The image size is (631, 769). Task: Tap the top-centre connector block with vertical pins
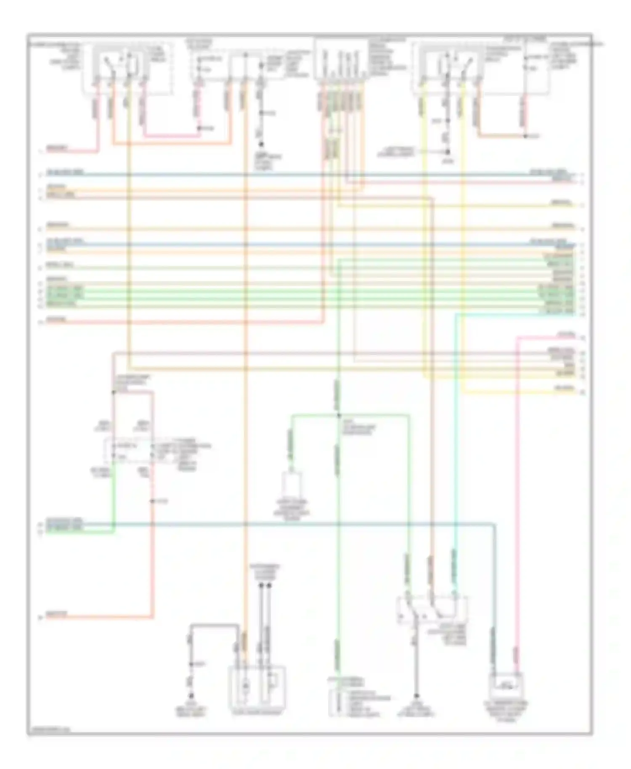(341, 59)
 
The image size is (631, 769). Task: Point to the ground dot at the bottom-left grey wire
(191, 696)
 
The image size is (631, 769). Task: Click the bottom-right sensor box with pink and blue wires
(505, 686)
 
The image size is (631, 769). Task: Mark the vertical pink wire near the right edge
(517, 505)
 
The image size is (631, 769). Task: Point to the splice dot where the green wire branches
(338, 415)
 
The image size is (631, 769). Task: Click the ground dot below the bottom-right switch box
(416, 696)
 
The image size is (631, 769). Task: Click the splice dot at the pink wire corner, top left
(200, 128)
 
